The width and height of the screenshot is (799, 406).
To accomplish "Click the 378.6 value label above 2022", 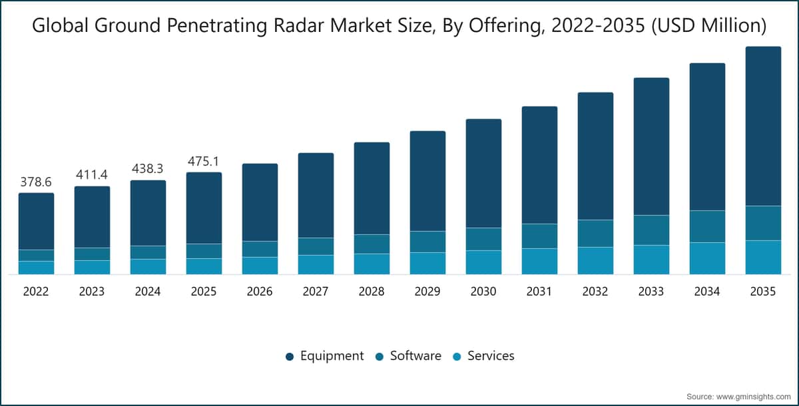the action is click(36, 182).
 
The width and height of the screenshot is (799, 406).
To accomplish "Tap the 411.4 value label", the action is click(92, 174).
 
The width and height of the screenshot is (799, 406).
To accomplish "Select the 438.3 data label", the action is click(148, 168).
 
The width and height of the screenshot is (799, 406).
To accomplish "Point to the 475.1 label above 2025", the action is click(203, 162).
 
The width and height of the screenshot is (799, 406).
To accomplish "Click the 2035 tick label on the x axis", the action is click(763, 292).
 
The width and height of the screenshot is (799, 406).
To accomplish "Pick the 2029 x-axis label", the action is click(427, 292).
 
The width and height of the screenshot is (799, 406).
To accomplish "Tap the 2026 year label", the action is click(260, 292).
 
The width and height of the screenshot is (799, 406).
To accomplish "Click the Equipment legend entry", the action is click(325, 356).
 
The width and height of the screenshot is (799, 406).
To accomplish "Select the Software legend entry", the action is click(408, 356).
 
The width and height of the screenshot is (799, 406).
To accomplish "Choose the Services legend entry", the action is click(483, 356).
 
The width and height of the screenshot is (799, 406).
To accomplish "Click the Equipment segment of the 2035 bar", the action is click(763, 126).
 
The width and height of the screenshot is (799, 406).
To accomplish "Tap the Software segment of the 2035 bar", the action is click(763, 223).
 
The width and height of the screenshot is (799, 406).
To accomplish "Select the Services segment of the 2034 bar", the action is click(707, 258).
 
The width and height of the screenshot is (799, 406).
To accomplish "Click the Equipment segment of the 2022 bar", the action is click(37, 222).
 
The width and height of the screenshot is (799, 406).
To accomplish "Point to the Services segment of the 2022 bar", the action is click(37, 268).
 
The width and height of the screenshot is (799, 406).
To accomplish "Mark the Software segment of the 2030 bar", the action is click(483, 239).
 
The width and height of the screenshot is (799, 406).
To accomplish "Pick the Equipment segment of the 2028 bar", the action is click(372, 188).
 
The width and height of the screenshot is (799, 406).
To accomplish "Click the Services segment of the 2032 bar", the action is click(596, 260).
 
